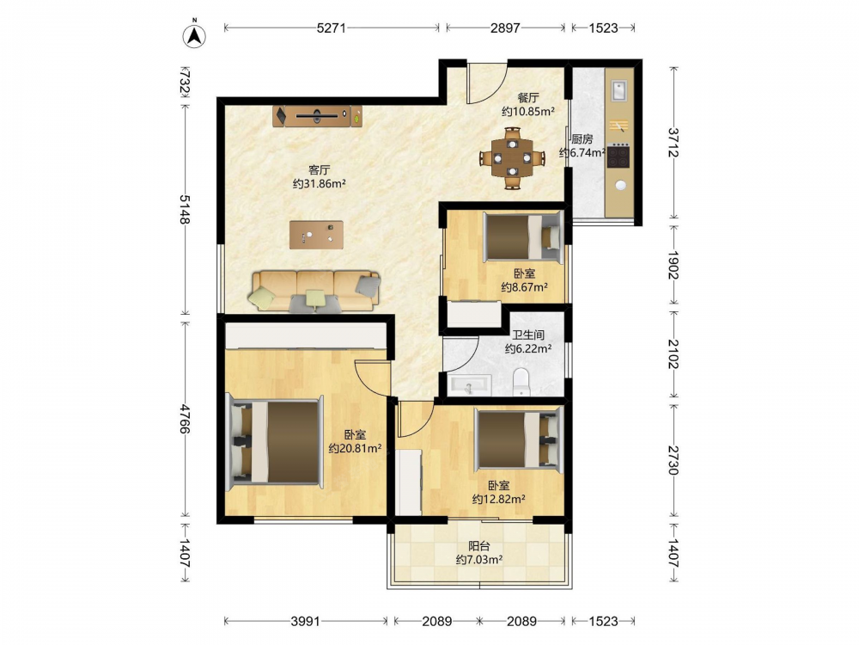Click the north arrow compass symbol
pos(194,34)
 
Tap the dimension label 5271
pos(332,28)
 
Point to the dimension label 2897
pos(505,28)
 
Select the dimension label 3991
pos(306,621)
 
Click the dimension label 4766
pos(186,419)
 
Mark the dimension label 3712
pos(673,143)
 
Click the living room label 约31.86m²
pos(319,184)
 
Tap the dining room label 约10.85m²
pos(528,111)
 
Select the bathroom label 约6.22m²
pos(528,348)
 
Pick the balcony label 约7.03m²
pos(479,560)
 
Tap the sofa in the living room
pos(315,291)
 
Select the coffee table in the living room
pos(316,235)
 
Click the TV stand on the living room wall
pos(317,116)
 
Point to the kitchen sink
pos(619,90)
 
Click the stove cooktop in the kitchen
pos(618,157)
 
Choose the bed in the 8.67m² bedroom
pos(523,236)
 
